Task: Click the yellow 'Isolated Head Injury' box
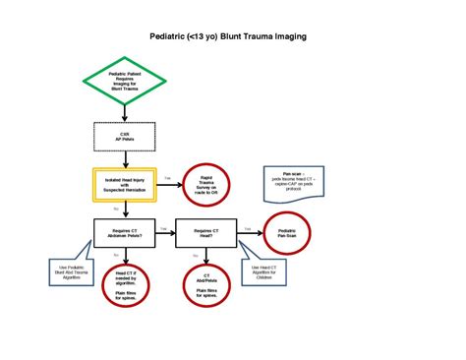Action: [x=124, y=184]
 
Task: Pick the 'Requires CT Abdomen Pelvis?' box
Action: [x=125, y=232]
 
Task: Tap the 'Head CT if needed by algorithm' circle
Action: [x=125, y=283]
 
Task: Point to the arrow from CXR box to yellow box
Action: [x=124, y=159]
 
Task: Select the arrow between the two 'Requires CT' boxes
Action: [x=164, y=232]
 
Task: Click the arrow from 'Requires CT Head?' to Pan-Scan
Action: [x=252, y=232]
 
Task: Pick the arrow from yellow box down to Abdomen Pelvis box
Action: [x=124, y=209]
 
